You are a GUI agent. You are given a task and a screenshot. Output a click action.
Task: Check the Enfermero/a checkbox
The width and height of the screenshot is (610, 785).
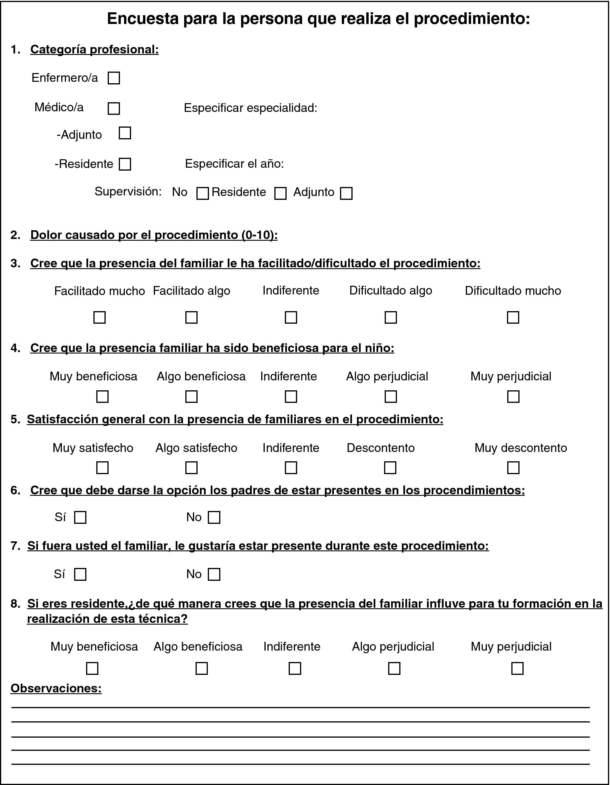pyautogui.click(x=114, y=78)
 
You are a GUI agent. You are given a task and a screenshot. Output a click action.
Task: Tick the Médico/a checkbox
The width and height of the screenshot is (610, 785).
pyautogui.click(x=114, y=109)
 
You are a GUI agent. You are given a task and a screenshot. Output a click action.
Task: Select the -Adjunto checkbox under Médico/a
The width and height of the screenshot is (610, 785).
pyautogui.click(x=125, y=133)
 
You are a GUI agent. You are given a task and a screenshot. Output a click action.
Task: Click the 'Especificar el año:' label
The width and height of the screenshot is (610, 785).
pyautogui.click(x=234, y=164)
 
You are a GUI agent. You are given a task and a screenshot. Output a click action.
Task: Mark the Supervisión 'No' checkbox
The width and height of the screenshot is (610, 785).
pyautogui.click(x=203, y=193)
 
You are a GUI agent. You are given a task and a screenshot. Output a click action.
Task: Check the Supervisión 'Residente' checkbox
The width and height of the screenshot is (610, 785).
pyautogui.click(x=280, y=193)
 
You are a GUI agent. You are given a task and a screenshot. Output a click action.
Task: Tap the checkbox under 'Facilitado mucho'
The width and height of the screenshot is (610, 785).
pyautogui.click(x=100, y=317)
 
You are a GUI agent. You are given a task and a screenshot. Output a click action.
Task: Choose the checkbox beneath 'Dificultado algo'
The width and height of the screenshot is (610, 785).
pyautogui.click(x=391, y=317)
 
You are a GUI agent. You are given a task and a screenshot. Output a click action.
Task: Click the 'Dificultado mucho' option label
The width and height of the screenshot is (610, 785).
pyautogui.click(x=513, y=291)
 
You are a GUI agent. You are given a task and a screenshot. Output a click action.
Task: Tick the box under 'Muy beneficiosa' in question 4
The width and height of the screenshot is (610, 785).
pyautogui.click(x=102, y=396)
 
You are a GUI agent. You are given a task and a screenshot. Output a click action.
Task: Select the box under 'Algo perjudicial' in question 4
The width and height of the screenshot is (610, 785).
pyautogui.click(x=391, y=396)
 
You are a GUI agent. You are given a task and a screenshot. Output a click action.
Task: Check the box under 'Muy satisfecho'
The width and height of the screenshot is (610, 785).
pyautogui.click(x=102, y=468)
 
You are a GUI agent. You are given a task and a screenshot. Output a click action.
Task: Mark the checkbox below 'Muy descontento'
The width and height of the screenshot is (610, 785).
pyautogui.click(x=513, y=468)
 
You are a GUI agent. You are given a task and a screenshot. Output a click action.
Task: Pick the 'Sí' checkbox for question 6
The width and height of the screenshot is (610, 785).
pyautogui.click(x=80, y=518)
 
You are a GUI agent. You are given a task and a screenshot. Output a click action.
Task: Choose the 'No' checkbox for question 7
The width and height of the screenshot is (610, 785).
pyautogui.click(x=214, y=574)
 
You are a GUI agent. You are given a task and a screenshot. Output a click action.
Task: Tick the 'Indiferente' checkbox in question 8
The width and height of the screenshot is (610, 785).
pyautogui.click(x=295, y=668)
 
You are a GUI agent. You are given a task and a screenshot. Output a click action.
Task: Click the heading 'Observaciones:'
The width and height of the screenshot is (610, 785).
pyautogui.click(x=56, y=688)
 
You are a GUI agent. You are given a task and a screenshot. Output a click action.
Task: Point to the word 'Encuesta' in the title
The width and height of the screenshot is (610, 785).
pyautogui.click(x=143, y=19)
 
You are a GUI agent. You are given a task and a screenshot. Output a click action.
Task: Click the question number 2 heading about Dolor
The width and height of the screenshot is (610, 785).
pyautogui.click(x=154, y=235)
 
